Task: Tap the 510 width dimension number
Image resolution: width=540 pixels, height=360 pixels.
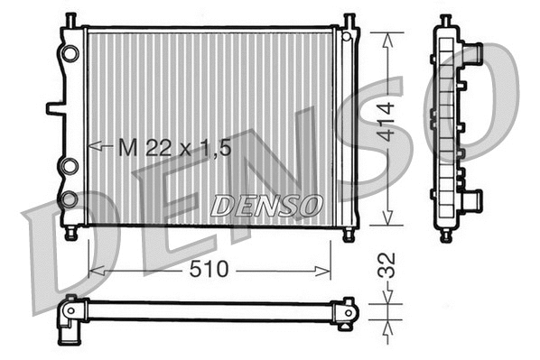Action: (x=209, y=269)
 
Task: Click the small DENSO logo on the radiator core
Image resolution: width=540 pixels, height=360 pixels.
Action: (x=266, y=205)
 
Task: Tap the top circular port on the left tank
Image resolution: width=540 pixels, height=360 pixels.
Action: (x=70, y=53)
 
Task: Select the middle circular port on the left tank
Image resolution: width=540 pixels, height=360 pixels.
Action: (x=70, y=166)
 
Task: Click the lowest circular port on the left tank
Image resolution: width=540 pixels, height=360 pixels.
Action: (x=70, y=198)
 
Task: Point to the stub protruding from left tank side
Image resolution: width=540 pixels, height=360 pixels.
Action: (x=53, y=109)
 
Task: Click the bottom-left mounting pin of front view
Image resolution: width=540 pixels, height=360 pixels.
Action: (x=70, y=235)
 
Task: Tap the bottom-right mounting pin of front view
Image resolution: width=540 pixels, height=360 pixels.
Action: (x=349, y=235)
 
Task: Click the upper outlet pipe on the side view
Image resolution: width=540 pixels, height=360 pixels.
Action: (x=471, y=53)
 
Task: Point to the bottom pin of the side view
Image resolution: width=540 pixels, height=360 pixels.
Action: (x=445, y=236)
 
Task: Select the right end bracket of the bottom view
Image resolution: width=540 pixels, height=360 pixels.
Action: (x=343, y=311)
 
